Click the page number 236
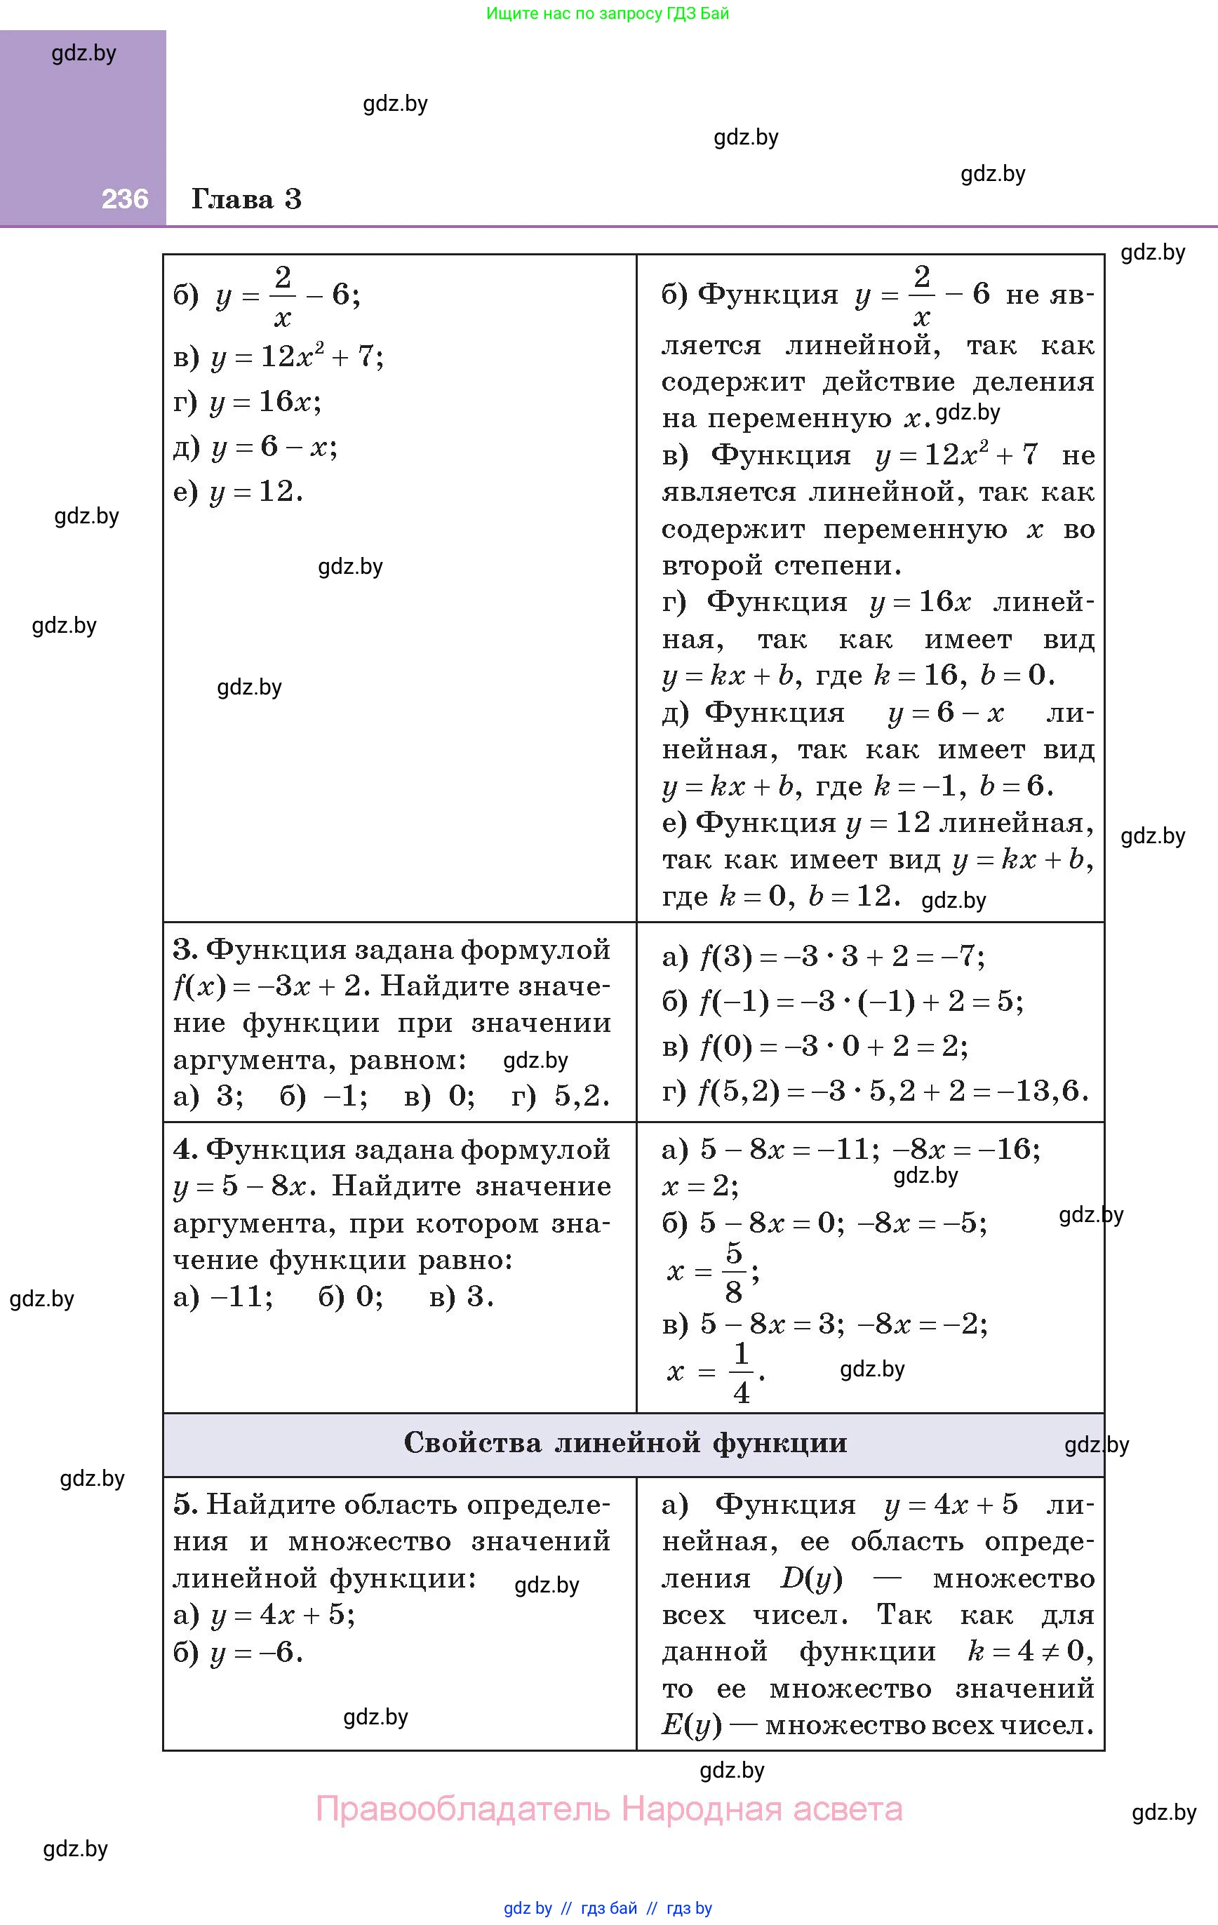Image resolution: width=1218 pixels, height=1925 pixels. [x=125, y=199]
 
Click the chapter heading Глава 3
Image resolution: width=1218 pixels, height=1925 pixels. [x=246, y=199]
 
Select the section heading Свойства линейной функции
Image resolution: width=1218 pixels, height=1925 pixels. [x=624, y=1443]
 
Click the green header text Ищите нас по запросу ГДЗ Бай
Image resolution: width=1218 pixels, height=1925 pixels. [x=608, y=13]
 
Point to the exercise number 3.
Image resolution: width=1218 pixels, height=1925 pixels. [x=185, y=950]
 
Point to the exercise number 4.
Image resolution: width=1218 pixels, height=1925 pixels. [x=185, y=1150]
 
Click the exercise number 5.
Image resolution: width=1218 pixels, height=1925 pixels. [x=185, y=1505]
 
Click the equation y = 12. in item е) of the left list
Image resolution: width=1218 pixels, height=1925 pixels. [x=257, y=492]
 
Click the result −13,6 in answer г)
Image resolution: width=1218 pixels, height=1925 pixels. [x=1045, y=1090]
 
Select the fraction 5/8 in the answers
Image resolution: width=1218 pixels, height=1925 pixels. [x=733, y=1271]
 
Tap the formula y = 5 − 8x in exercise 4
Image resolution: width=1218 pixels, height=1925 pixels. [x=240, y=1186]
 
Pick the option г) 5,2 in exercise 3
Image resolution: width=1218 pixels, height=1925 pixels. [x=561, y=1095]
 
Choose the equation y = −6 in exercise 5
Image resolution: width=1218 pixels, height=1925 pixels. [x=257, y=1652]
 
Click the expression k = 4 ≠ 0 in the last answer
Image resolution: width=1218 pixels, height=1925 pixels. [x=1025, y=1651]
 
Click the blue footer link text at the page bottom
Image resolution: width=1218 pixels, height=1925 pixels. [x=608, y=1908]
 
